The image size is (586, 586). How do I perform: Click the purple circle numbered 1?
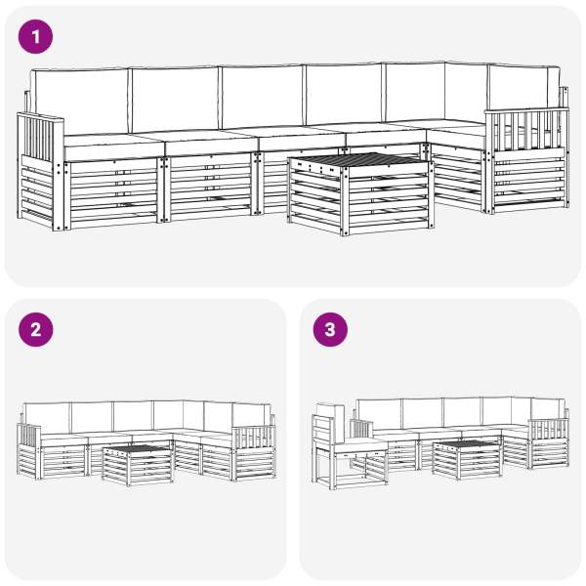(35, 37)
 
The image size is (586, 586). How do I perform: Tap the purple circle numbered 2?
(35, 330)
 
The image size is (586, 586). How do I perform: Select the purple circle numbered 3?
(330, 330)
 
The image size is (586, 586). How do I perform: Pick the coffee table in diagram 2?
(138, 464)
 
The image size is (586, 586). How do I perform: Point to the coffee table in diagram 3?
(467, 460)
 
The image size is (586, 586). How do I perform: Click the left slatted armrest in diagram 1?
(40, 171)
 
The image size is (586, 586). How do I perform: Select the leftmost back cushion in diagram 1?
(80, 101)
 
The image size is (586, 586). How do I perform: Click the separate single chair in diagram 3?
(348, 447)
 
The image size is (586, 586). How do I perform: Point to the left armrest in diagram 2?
(29, 451)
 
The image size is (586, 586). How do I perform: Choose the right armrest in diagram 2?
(253, 452)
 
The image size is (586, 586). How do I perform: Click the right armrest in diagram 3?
(549, 443)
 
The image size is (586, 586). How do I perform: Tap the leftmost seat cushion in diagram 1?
(114, 146)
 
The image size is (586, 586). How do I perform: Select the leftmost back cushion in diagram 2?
(47, 418)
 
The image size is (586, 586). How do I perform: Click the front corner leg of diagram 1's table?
(345, 202)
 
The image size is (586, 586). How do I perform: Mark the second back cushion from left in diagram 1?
(175, 99)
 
